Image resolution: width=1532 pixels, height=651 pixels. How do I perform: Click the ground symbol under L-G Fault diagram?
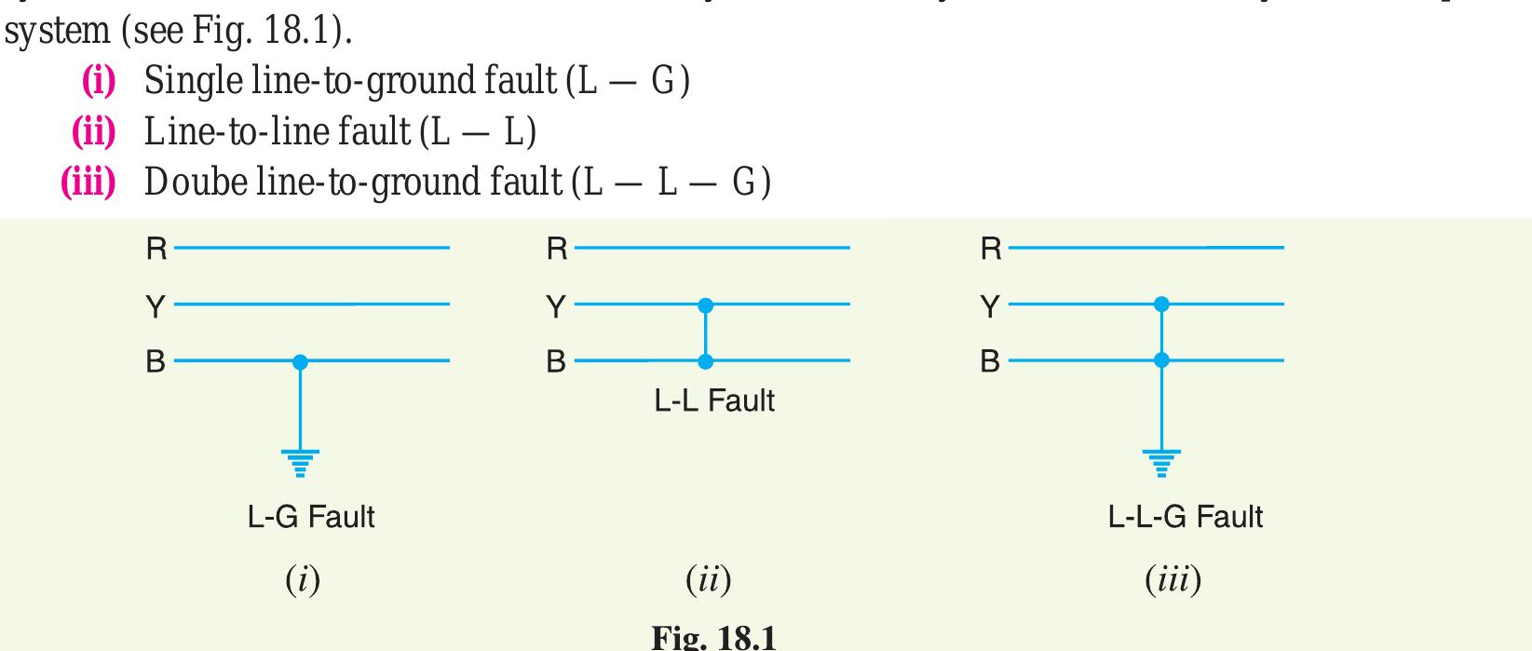click(x=300, y=462)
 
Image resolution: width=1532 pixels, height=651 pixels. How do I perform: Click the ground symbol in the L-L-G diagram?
click(x=1161, y=462)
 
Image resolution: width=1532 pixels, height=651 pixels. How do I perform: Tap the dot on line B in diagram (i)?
click(x=300, y=361)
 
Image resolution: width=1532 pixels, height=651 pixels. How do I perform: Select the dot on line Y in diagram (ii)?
click(x=706, y=305)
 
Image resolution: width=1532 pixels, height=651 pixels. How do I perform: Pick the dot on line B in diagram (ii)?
click(x=706, y=360)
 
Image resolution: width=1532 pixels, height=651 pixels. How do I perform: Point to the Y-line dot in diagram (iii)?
click(x=1161, y=304)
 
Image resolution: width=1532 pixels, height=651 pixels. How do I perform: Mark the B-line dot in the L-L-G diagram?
click(x=1161, y=359)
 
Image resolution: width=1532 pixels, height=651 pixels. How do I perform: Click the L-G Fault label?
click(x=311, y=516)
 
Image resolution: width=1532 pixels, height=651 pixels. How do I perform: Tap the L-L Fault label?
click(x=714, y=401)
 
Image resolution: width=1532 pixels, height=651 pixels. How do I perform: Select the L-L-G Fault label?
click(x=1185, y=516)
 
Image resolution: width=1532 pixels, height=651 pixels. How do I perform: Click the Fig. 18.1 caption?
click(x=713, y=637)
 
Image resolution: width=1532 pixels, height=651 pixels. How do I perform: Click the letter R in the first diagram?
click(x=156, y=249)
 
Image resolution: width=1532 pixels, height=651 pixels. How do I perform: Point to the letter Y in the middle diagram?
click(x=556, y=306)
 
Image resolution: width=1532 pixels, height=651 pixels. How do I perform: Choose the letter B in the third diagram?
click(x=990, y=361)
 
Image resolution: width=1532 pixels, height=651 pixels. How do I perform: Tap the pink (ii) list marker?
click(x=94, y=132)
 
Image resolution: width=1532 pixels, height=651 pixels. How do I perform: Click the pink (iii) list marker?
click(x=88, y=183)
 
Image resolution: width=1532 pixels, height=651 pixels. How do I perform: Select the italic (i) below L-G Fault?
click(x=303, y=580)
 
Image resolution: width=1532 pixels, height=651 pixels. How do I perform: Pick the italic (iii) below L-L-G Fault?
click(x=1173, y=580)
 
